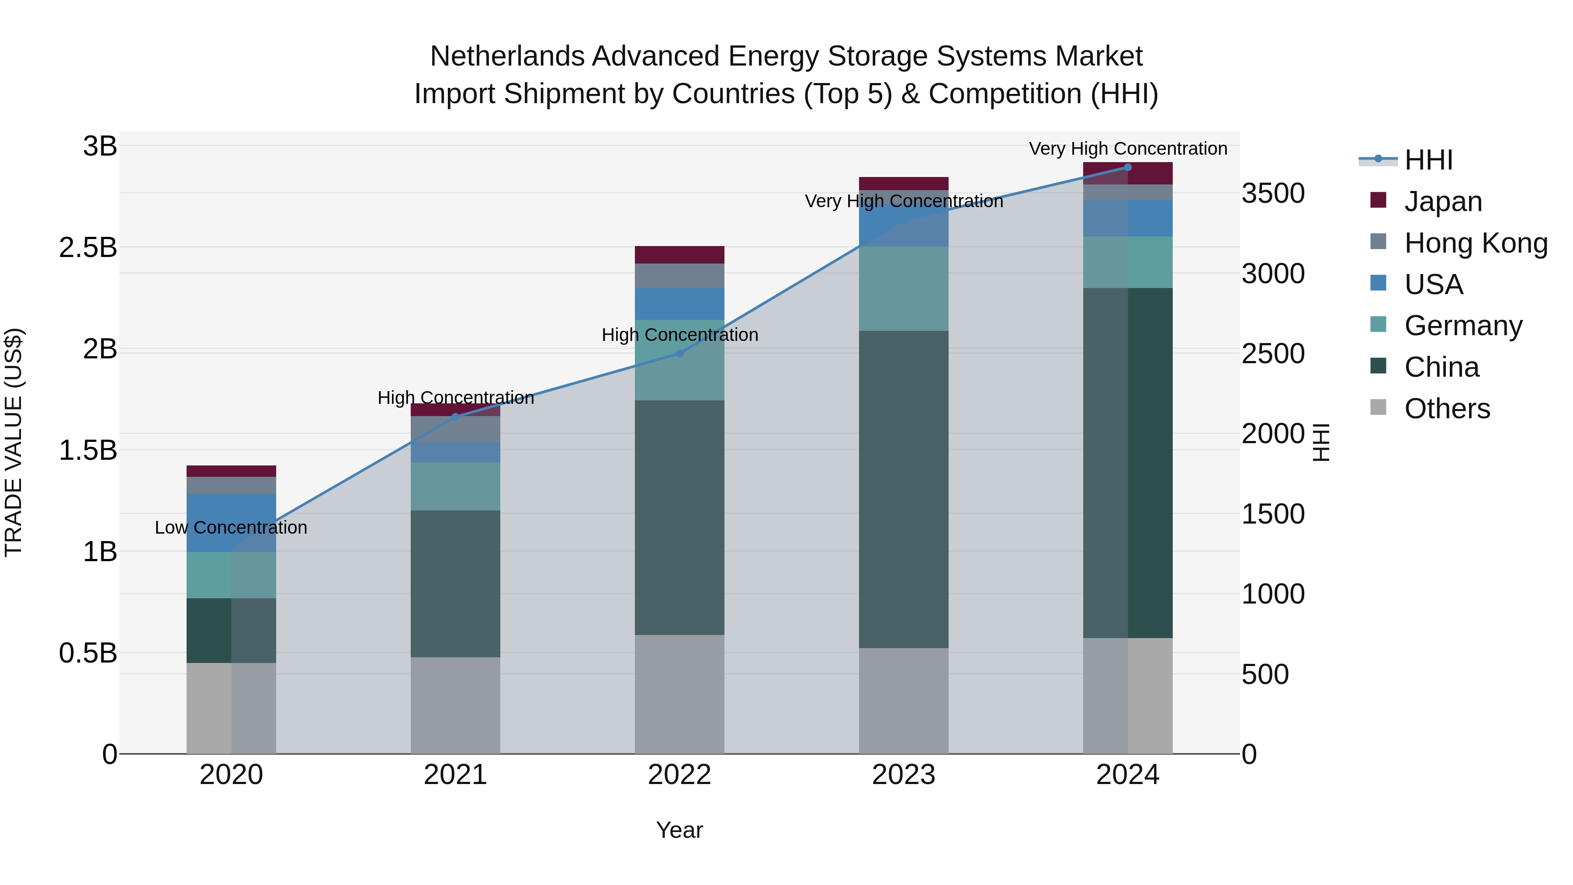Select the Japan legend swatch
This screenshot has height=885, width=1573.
coord(1378,200)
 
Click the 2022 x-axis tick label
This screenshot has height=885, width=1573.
coord(679,775)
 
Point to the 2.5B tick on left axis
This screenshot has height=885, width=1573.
coord(88,248)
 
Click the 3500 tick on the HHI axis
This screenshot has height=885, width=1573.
coord(1273,194)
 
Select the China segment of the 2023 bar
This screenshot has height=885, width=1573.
coord(903,489)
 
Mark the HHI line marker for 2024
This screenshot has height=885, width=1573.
coord(1127,167)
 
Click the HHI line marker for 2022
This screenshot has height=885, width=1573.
coord(679,354)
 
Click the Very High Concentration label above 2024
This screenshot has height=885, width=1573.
coord(1127,149)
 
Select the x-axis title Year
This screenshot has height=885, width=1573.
coord(679,830)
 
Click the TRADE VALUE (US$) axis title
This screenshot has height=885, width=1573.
coord(14,442)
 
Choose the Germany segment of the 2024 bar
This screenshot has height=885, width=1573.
coord(1127,262)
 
